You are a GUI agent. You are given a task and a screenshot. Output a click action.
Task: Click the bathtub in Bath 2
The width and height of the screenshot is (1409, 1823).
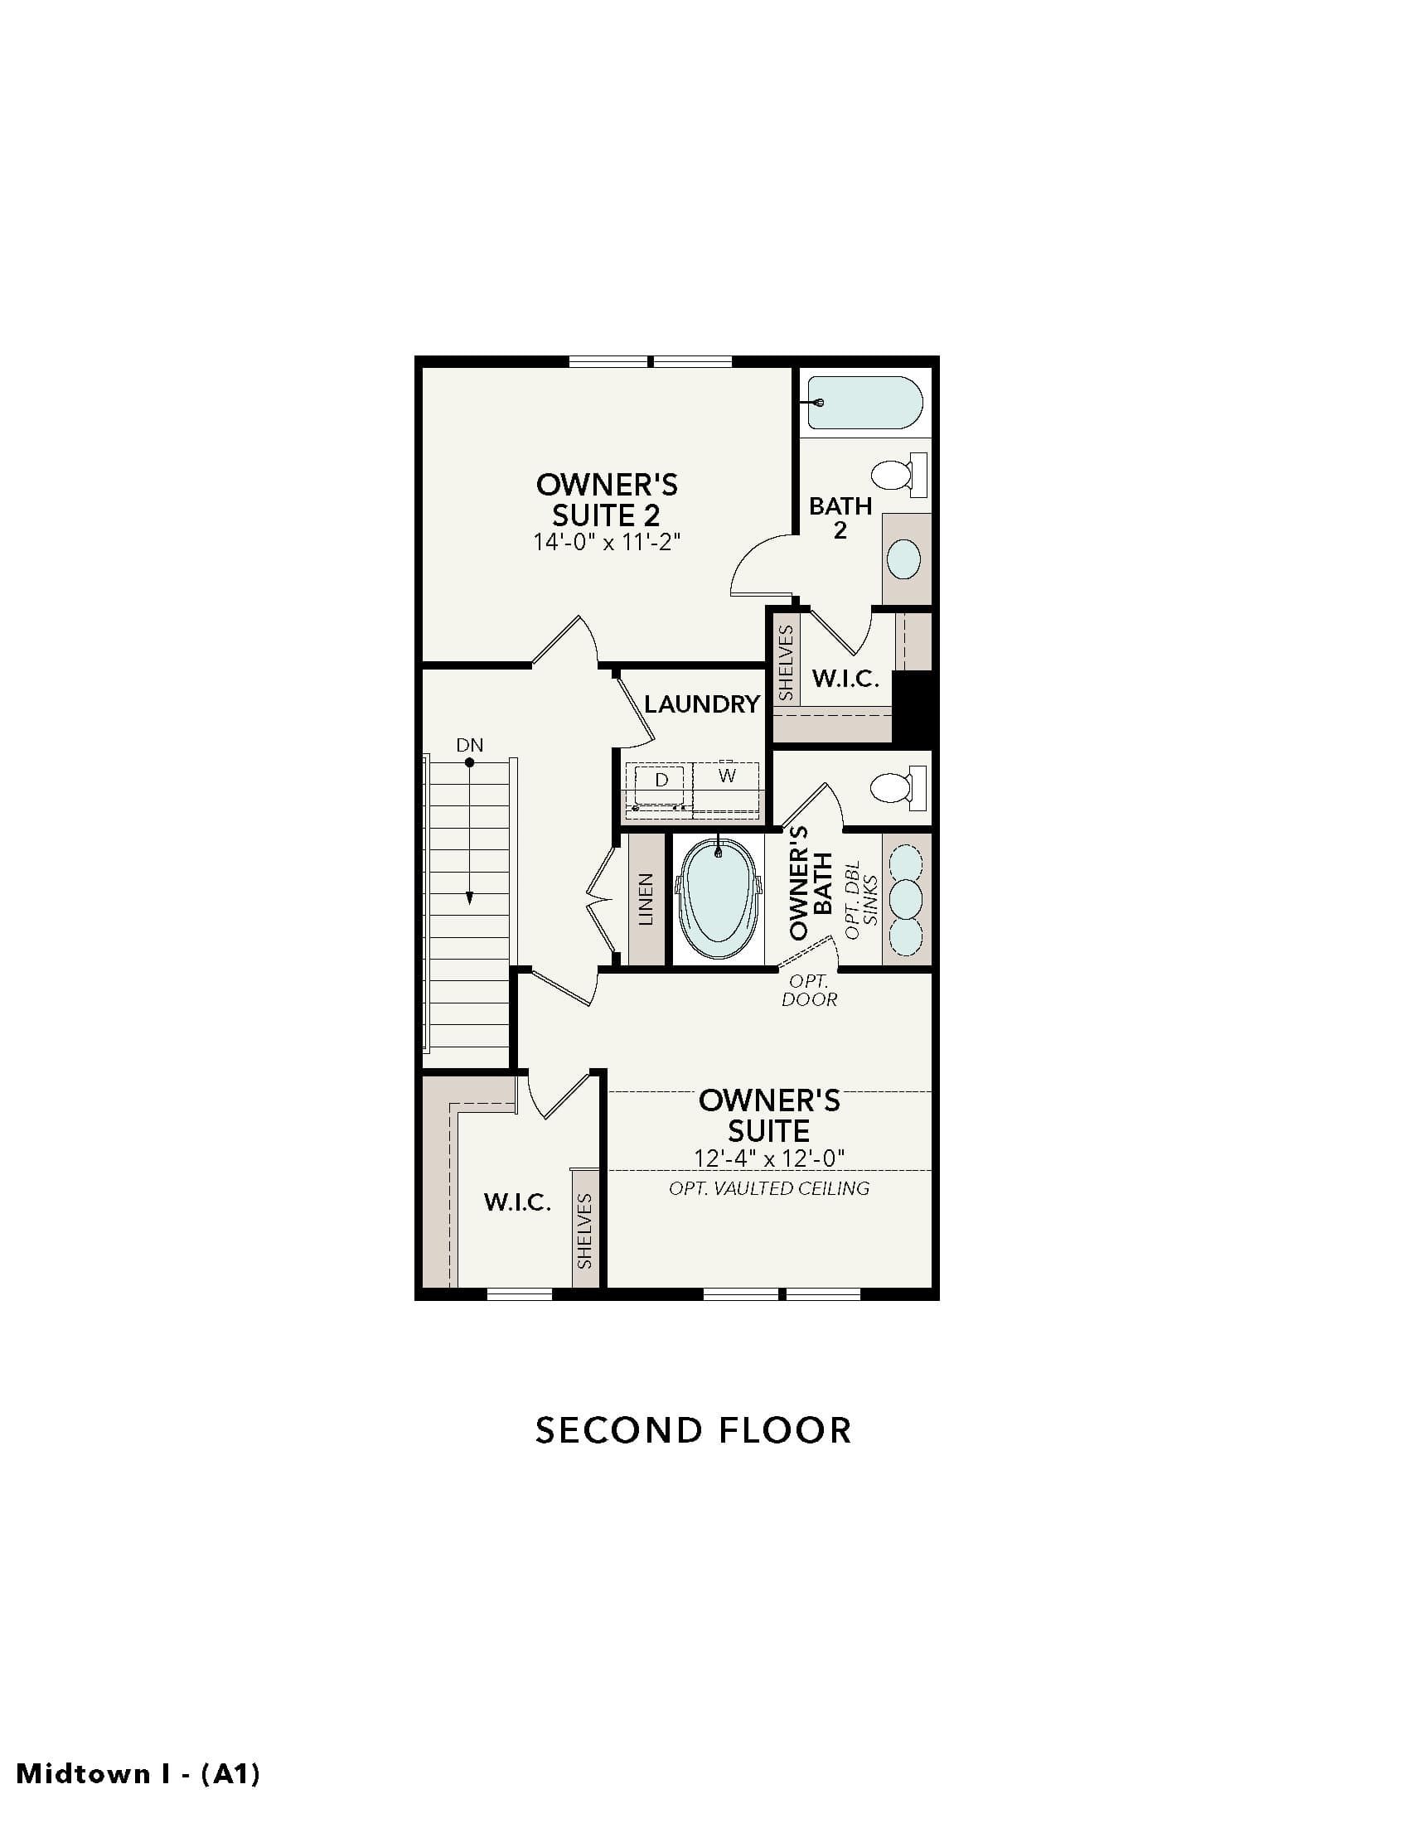pyautogui.click(x=864, y=403)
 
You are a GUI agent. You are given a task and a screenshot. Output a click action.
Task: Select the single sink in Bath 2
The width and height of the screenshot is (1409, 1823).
pyautogui.click(x=903, y=559)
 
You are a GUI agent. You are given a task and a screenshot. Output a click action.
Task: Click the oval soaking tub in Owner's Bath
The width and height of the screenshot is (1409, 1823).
pyautogui.click(x=719, y=900)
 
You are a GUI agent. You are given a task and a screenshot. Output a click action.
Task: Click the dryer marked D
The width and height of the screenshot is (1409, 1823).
pyautogui.click(x=661, y=785)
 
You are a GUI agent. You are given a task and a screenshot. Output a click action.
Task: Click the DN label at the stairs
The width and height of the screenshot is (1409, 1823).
pyautogui.click(x=470, y=745)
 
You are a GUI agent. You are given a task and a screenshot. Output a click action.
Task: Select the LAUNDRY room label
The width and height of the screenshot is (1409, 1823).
pyautogui.click(x=702, y=704)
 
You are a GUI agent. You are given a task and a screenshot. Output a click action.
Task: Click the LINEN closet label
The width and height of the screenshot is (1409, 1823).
pyautogui.click(x=645, y=900)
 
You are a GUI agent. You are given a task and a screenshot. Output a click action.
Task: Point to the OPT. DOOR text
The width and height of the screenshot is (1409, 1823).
pyautogui.click(x=809, y=990)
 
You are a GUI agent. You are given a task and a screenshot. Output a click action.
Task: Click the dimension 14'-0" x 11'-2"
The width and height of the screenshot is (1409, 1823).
pyautogui.click(x=607, y=543)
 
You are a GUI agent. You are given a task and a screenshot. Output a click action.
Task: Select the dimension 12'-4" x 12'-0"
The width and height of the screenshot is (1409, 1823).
pyautogui.click(x=769, y=1158)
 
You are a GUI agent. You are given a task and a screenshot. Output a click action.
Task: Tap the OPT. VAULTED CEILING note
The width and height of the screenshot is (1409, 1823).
pyautogui.click(x=769, y=1188)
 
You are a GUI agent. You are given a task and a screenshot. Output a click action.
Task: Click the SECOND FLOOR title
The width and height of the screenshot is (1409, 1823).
pyautogui.click(x=693, y=1431)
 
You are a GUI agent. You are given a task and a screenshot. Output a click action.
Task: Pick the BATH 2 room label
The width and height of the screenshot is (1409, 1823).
pyautogui.click(x=840, y=518)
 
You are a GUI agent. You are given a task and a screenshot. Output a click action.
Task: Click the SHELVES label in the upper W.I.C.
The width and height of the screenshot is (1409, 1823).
pyautogui.click(x=786, y=664)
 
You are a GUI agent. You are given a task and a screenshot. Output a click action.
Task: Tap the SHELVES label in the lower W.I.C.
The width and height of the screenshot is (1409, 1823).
pyautogui.click(x=584, y=1231)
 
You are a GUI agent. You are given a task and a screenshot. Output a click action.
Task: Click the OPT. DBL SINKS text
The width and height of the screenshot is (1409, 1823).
pyautogui.click(x=861, y=900)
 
